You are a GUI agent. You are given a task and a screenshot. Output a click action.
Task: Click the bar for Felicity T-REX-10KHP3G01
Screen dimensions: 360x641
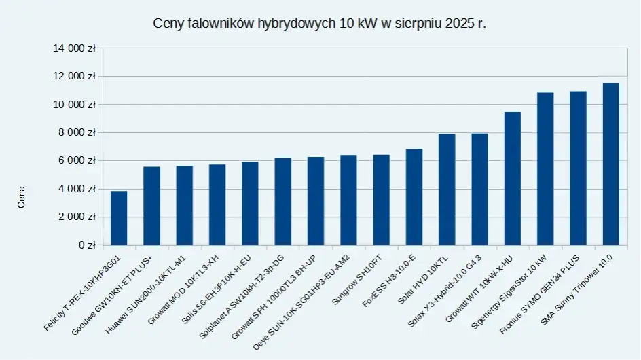(x=119, y=218)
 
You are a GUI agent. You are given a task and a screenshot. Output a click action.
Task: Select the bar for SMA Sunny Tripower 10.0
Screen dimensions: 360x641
(x=610, y=164)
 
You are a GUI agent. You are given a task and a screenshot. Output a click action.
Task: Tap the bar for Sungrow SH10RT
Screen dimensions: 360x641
(x=381, y=200)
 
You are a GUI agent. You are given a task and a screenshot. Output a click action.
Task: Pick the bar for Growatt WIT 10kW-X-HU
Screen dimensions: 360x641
(x=512, y=178)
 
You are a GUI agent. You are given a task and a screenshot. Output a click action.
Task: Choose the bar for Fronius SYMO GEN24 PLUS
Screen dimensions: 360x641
(x=578, y=168)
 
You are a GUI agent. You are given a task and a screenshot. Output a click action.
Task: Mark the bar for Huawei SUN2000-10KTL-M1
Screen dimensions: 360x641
(x=184, y=205)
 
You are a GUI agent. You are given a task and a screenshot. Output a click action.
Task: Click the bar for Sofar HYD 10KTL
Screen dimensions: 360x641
(x=447, y=190)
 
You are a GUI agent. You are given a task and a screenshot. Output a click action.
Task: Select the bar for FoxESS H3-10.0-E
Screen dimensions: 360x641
(x=414, y=197)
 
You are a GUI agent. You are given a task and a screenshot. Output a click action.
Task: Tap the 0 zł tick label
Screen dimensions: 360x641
(x=86, y=245)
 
